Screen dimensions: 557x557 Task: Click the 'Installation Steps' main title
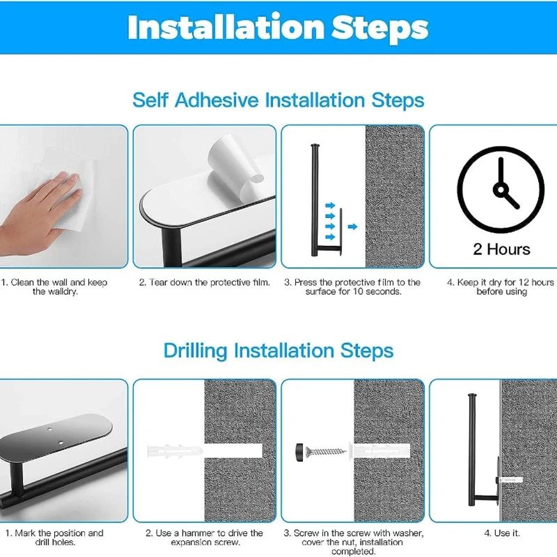click(x=278, y=27)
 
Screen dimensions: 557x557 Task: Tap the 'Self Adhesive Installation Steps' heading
click(x=278, y=101)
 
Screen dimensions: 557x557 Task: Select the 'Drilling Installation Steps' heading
click(x=278, y=351)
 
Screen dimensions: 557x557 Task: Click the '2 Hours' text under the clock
click(x=501, y=249)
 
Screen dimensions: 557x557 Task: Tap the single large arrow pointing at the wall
click(x=352, y=226)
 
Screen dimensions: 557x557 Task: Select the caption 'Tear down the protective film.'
click(x=204, y=282)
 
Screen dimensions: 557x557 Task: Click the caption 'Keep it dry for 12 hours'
click(x=500, y=287)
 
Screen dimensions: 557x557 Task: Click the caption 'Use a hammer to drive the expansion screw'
click(x=204, y=538)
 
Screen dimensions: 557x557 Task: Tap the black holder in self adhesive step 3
click(x=316, y=201)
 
